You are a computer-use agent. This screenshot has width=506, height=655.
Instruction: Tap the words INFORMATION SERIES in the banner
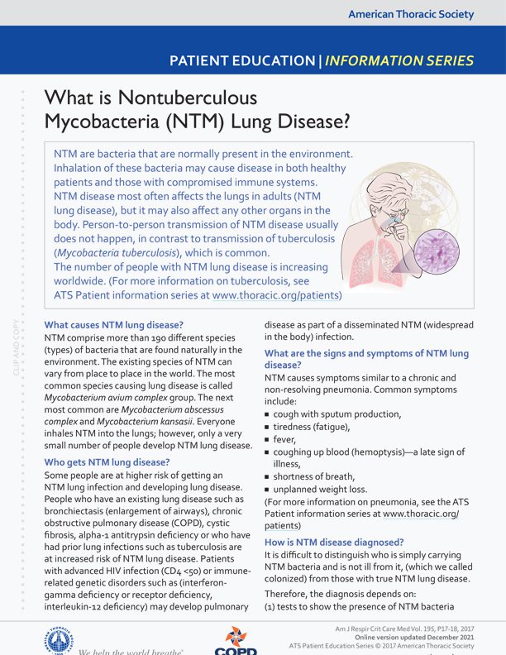tap(400, 60)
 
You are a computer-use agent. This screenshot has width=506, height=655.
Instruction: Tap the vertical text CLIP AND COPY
tap(17, 347)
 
